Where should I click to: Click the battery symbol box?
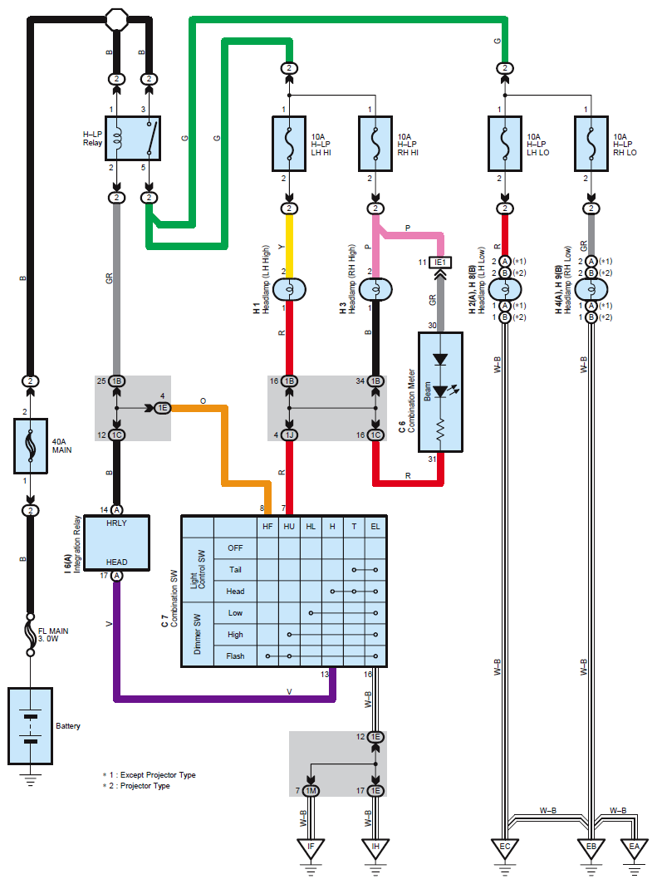[31, 725]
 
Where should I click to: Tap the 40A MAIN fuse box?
[31, 446]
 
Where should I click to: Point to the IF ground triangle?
[311, 848]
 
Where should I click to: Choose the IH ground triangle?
[375, 848]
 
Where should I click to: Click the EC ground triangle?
[504, 848]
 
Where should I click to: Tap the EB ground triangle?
[591, 848]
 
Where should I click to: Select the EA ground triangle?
[634, 848]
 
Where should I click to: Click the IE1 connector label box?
[440, 263]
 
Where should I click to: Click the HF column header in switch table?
[267, 526]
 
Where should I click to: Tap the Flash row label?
[235, 656]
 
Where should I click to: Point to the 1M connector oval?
[311, 790]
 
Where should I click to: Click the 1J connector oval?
[289, 435]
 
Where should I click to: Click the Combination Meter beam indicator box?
[440, 391]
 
